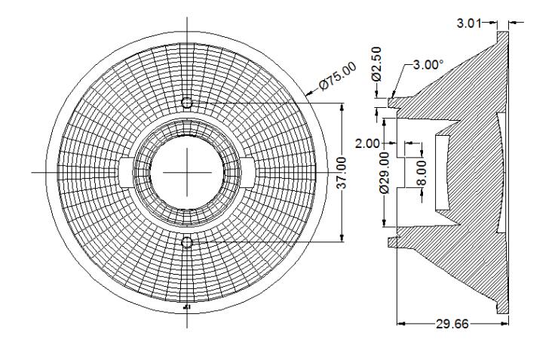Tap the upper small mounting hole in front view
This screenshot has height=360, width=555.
[187, 103]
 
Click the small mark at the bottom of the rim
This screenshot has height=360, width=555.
[187, 308]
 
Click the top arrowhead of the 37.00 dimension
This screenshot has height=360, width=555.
[342, 106]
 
